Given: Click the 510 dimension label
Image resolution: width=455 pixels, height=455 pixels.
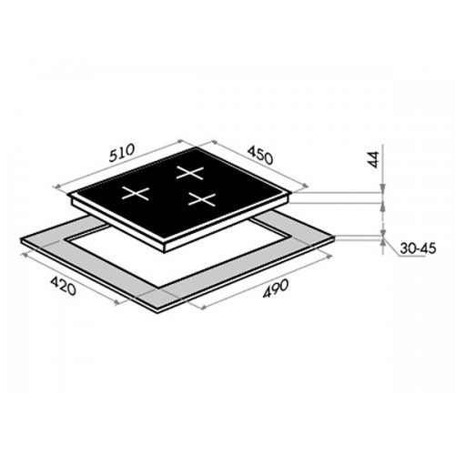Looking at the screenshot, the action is pos(122,153).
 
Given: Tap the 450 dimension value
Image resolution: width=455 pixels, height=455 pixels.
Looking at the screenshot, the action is pos(260,156).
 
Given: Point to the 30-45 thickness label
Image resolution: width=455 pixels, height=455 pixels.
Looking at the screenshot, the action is pos(418,248).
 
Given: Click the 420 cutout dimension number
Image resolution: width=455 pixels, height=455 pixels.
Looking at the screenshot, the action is pos(63,286).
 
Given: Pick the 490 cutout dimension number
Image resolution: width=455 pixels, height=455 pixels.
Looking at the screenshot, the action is pos(276,288).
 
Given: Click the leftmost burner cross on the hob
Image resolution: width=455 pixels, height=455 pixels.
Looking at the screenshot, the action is pos(136,193).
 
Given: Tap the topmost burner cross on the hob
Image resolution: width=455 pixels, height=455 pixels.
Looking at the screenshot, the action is pos(190,173).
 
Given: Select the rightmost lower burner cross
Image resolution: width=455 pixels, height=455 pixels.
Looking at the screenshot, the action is pos(202,199).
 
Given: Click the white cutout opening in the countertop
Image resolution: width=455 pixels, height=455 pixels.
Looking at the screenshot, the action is pos(170,255).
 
